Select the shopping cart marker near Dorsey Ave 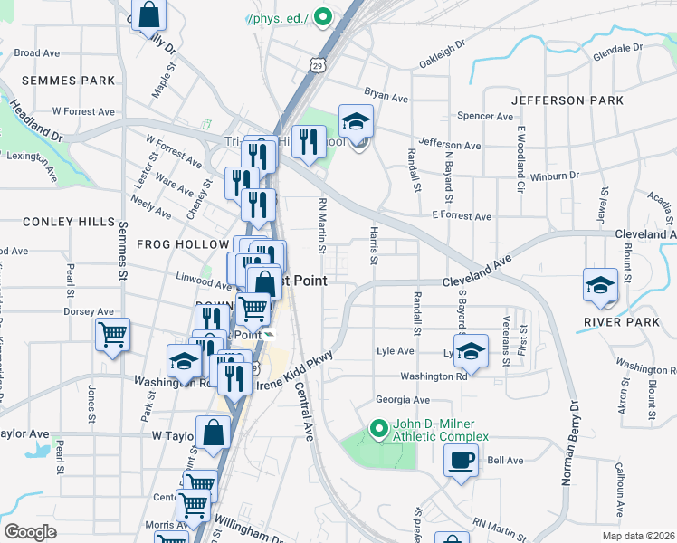point(113,334)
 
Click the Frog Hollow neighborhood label point(183,244)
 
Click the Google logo point(30,532)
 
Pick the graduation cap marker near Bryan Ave point(356,121)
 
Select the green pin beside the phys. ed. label point(321,17)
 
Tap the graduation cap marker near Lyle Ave point(470,352)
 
